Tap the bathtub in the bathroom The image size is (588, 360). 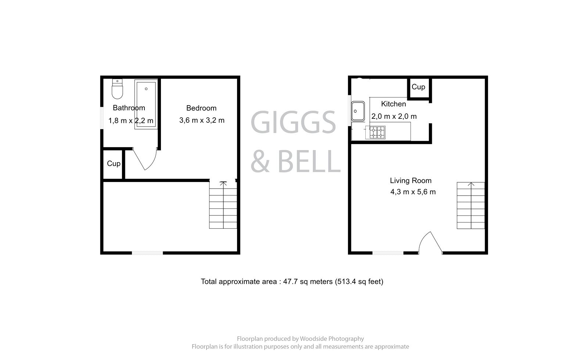(x=146, y=104)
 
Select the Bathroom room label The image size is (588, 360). (x=129, y=108)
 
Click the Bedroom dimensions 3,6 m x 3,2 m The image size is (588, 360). (x=202, y=120)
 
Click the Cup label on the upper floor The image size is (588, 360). (x=114, y=163)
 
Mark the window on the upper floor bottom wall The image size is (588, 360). (x=147, y=253)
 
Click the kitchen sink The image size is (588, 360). (x=358, y=111)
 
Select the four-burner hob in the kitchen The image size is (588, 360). (x=377, y=132)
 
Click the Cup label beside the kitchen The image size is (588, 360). (x=418, y=87)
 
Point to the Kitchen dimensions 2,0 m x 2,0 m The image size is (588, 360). (x=394, y=117)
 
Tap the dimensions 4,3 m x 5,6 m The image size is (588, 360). (x=413, y=192)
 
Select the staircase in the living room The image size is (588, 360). (x=471, y=206)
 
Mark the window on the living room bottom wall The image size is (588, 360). (x=388, y=253)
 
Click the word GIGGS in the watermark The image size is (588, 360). (x=293, y=122)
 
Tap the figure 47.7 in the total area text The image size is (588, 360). (x=290, y=282)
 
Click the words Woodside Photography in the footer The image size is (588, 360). (x=332, y=339)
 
